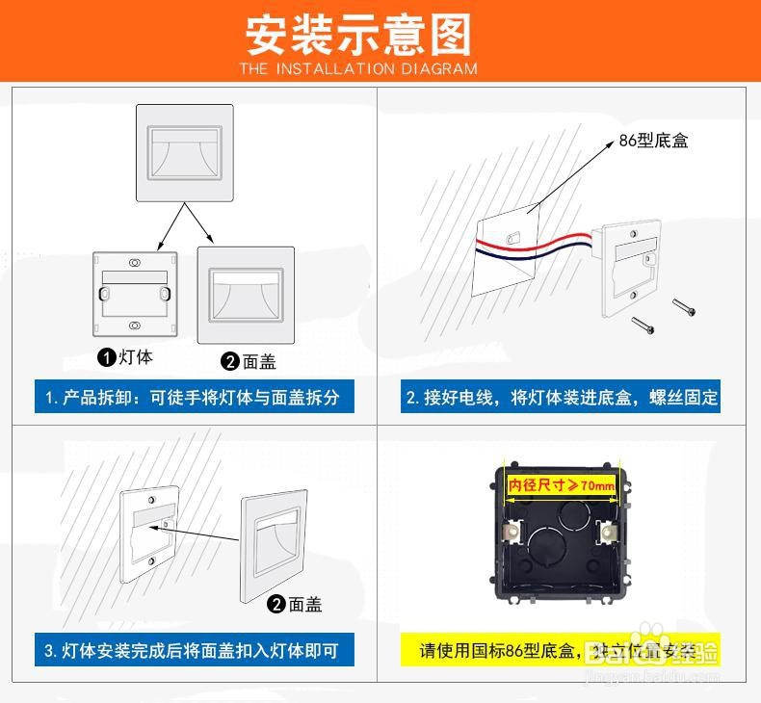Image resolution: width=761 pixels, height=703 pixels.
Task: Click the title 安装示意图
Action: (358, 34)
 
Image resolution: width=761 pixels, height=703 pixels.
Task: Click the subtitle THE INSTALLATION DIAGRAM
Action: (358, 68)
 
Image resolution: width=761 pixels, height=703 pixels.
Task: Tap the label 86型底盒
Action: (653, 141)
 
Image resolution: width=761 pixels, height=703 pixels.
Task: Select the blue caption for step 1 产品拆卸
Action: (193, 397)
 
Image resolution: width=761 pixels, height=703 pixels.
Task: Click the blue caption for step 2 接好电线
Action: (562, 397)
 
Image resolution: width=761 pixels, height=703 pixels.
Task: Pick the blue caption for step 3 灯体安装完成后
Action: (192, 650)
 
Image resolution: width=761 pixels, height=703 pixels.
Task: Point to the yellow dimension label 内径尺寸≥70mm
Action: (562, 484)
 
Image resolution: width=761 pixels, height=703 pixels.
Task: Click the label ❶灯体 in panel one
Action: (125, 357)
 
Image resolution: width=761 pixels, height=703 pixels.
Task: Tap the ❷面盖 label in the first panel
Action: (249, 361)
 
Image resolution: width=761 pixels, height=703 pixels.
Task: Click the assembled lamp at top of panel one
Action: (185, 153)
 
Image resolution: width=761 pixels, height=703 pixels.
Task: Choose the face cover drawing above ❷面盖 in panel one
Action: (246, 294)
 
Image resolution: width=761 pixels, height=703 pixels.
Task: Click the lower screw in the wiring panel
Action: (642, 325)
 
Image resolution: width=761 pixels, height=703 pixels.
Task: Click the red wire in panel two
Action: (539, 240)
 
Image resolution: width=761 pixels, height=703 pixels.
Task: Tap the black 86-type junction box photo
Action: (561, 535)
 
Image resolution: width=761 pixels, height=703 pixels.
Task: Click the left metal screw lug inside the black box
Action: (514, 531)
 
